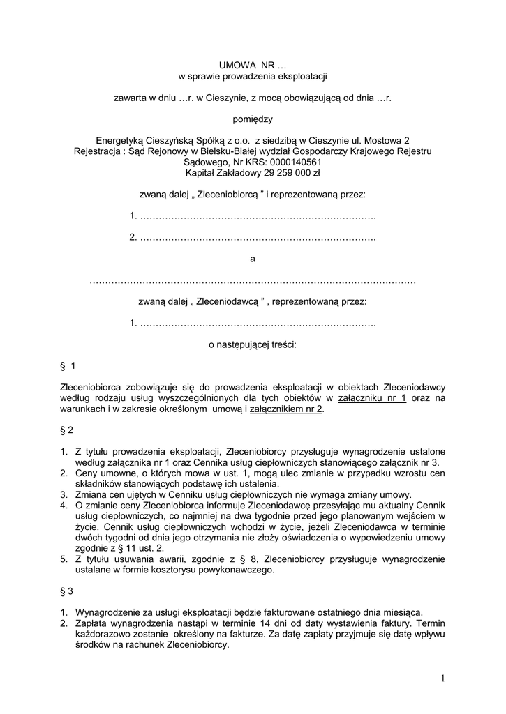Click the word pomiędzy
click(x=253, y=119)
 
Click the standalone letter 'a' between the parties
click(x=253, y=259)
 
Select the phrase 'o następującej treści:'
click(x=253, y=344)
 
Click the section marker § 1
click(x=68, y=366)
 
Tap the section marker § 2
click(x=67, y=430)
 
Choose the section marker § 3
click(x=67, y=591)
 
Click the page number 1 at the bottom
click(x=442, y=678)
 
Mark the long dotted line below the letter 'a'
click(x=253, y=281)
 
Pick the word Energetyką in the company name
click(x=119, y=140)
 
